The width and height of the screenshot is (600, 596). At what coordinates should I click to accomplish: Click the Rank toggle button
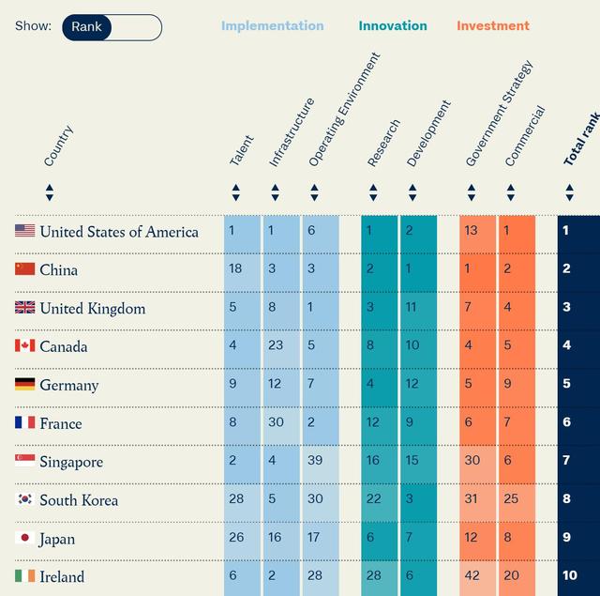pyautogui.click(x=87, y=27)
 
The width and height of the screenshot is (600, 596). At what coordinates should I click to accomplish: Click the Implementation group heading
pyautogui.click(x=273, y=26)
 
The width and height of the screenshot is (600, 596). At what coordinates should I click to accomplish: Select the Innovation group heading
pyautogui.click(x=392, y=26)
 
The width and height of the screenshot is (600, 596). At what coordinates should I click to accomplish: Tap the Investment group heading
pyautogui.click(x=493, y=26)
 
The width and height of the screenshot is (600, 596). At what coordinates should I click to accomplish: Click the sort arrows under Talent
pyautogui.click(x=236, y=192)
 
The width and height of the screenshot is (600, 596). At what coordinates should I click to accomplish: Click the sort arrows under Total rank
pyautogui.click(x=569, y=192)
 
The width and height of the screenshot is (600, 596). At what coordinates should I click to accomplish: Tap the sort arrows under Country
pyautogui.click(x=50, y=192)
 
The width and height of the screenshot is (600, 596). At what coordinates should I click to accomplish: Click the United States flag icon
pyautogui.click(x=25, y=231)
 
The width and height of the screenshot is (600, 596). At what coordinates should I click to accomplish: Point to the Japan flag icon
pyautogui.click(x=25, y=539)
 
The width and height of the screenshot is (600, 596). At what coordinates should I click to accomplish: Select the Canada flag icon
pyautogui.click(x=25, y=346)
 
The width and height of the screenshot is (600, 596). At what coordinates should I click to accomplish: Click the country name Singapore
pyautogui.click(x=71, y=462)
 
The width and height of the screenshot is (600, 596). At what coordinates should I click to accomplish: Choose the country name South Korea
pyautogui.click(x=79, y=500)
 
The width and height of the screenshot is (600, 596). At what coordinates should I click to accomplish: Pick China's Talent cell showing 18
pyautogui.click(x=235, y=269)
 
